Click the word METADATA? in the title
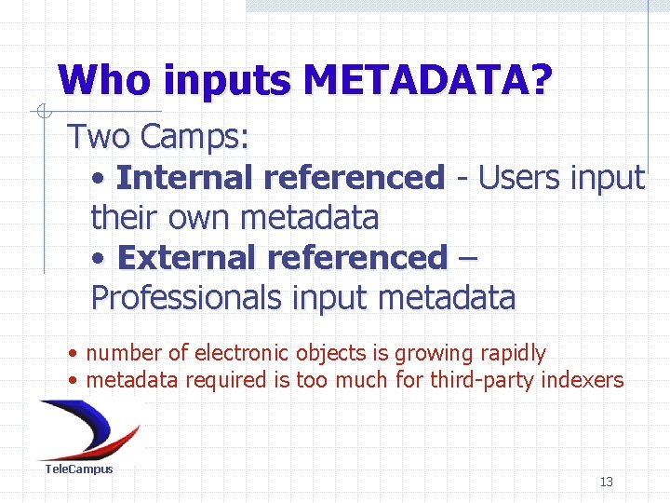pyautogui.click(x=427, y=81)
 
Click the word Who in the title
pyautogui.click(x=105, y=81)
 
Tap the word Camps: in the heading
pyautogui.click(x=195, y=137)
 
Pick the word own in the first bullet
pyautogui.click(x=200, y=217)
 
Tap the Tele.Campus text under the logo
pyautogui.click(x=79, y=469)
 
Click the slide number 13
pyautogui.click(x=607, y=482)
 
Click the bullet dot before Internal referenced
pyautogui.click(x=100, y=178)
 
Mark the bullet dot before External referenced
pyautogui.click(x=100, y=258)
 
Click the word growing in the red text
pyautogui.click(x=431, y=354)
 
